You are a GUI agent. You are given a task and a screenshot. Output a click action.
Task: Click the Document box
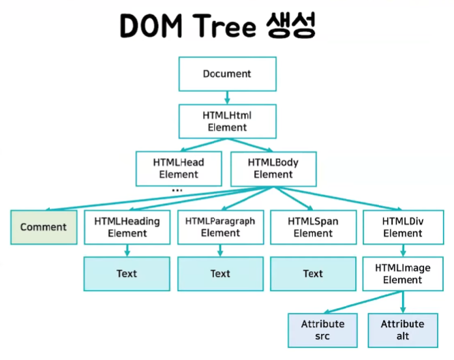click(227, 74)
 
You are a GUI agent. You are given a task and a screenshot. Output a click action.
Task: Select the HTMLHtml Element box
click(227, 121)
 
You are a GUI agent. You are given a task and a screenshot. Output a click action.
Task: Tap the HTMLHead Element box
click(179, 168)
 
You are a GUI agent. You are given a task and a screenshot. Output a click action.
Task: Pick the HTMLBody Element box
click(273, 168)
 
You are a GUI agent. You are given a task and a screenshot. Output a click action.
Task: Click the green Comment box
click(44, 227)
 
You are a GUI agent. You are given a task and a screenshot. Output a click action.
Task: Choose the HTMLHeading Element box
click(127, 227)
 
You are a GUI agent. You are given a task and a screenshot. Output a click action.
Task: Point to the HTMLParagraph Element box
click(220, 227)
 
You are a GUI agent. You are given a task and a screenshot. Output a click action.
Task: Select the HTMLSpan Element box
click(313, 227)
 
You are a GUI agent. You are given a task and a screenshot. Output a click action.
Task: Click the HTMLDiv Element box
click(403, 227)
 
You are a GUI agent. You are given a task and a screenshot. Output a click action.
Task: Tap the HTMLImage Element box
click(403, 273)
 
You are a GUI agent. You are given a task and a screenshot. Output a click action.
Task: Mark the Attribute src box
click(323, 330)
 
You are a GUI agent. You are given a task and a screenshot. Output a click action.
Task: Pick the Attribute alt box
click(402, 330)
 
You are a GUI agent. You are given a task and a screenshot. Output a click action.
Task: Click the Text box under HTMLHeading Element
click(127, 273)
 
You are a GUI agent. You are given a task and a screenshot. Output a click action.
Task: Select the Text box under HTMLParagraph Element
click(220, 273)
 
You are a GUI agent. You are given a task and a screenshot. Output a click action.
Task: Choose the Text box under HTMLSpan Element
click(313, 273)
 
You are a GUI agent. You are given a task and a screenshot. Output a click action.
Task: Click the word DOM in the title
click(146, 25)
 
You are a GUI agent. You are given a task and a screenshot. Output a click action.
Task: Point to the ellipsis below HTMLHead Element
click(177, 191)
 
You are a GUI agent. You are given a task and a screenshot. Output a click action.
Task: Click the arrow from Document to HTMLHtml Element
click(227, 97)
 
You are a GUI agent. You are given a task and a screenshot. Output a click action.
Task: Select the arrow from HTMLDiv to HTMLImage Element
click(403, 250)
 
